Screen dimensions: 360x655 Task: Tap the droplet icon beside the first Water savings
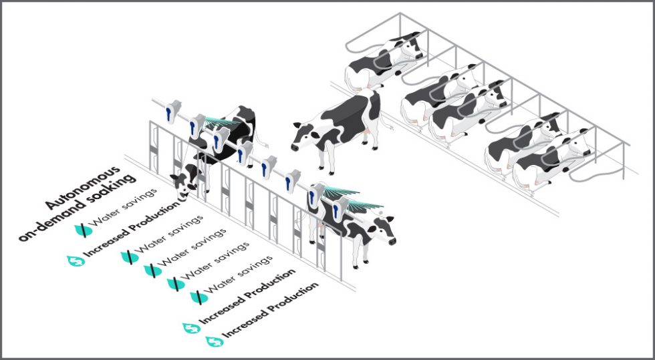84,230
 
